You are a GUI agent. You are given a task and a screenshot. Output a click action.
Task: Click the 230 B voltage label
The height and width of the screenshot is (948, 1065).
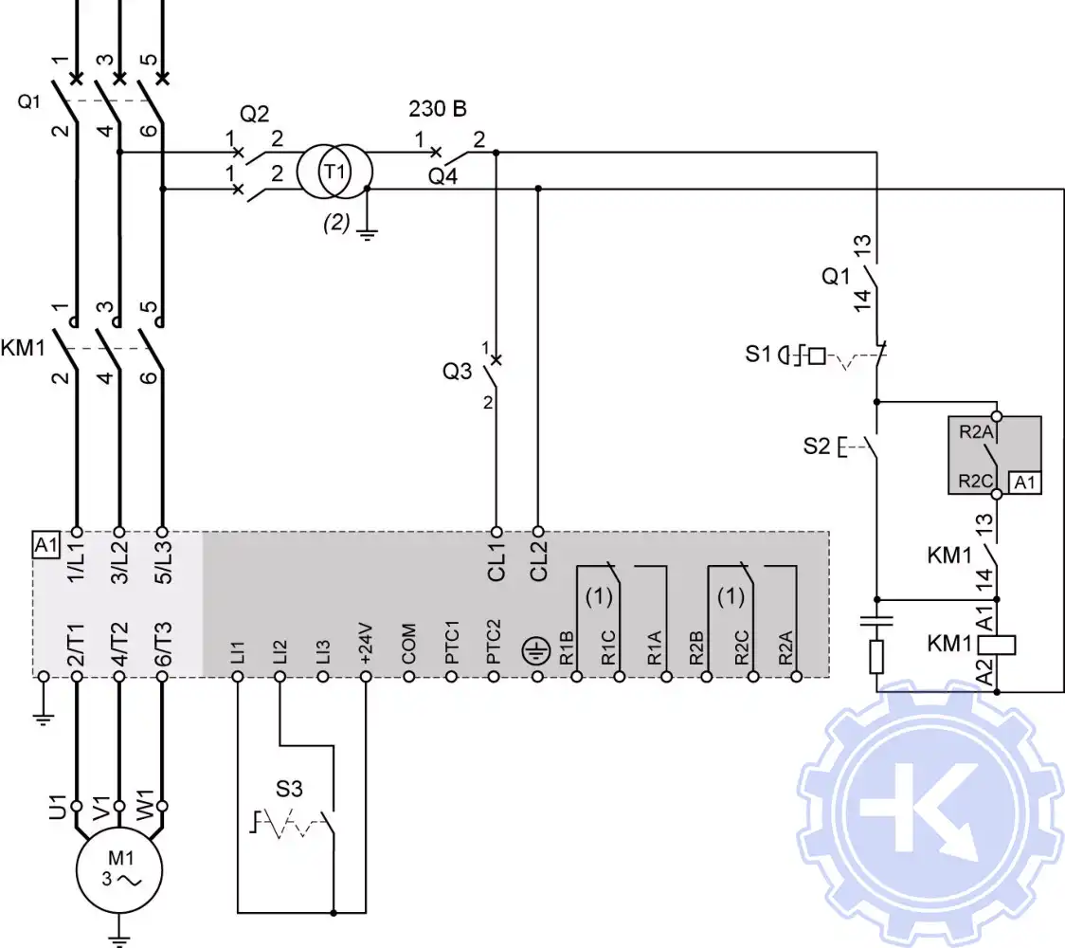click(x=438, y=109)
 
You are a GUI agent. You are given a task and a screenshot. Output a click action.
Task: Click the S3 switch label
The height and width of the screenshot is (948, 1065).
click(x=290, y=788)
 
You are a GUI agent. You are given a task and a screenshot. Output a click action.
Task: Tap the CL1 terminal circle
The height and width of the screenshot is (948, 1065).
click(x=496, y=532)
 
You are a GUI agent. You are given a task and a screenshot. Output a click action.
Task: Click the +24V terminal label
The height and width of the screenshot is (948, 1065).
click(x=366, y=645)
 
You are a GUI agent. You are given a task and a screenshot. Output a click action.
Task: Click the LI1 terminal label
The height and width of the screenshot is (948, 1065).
click(x=238, y=651)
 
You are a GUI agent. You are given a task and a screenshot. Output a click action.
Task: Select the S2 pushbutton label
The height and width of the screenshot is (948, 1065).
click(x=817, y=445)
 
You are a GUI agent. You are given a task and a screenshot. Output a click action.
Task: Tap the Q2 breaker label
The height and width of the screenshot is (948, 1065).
click(x=254, y=115)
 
